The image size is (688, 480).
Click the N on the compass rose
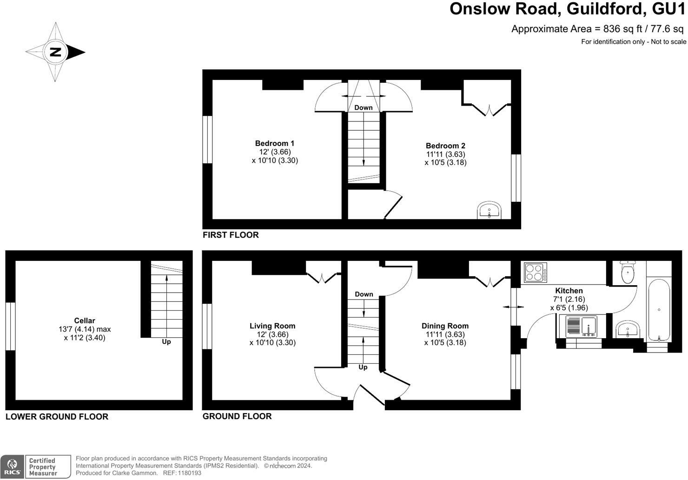click(55, 52)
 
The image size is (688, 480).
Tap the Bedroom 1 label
click(275, 143)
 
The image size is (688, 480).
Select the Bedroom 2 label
click(445, 146)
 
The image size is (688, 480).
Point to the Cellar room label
click(85, 320)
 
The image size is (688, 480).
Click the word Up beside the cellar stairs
click(166, 342)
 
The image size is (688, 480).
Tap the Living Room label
click(272, 326)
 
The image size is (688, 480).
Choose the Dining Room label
click(445, 326)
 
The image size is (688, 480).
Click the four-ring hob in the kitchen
click(536, 273)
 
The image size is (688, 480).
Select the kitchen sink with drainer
click(582, 327)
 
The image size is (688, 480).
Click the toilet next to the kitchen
click(628, 273)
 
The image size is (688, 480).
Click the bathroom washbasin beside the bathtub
click(628, 331)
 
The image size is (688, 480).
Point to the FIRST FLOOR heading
click(231, 235)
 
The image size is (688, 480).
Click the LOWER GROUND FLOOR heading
click(57, 417)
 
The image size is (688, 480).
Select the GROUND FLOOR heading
click(237, 416)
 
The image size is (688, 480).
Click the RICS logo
click(13, 467)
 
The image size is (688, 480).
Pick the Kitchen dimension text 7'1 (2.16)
click(569, 299)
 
